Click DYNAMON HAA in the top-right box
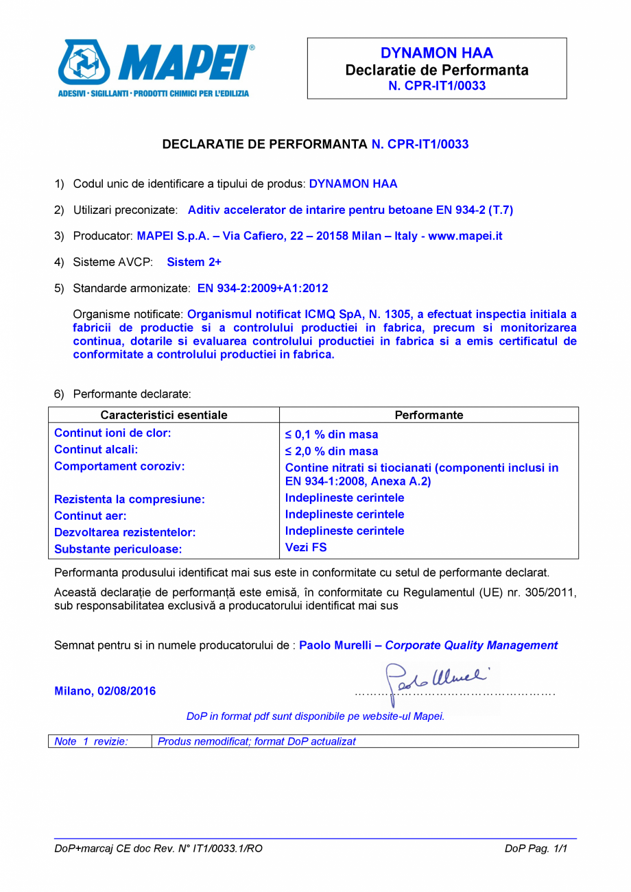437,53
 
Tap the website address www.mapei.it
465,236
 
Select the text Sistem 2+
194,262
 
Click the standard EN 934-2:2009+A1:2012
257,288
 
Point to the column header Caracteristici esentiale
164,415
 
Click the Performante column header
429,415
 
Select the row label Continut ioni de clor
112,433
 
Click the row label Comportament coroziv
120,466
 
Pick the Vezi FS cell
306,547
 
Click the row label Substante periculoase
118,549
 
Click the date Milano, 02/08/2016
105,691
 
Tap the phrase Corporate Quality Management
471,645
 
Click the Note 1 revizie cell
92,741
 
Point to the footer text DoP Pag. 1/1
536,849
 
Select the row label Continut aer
91,516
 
